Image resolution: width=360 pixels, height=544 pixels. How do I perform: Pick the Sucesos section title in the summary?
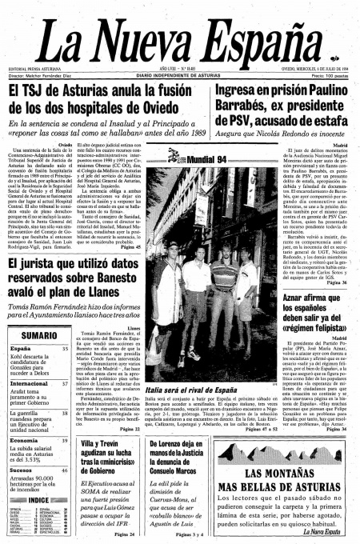click(x=23, y=472)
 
